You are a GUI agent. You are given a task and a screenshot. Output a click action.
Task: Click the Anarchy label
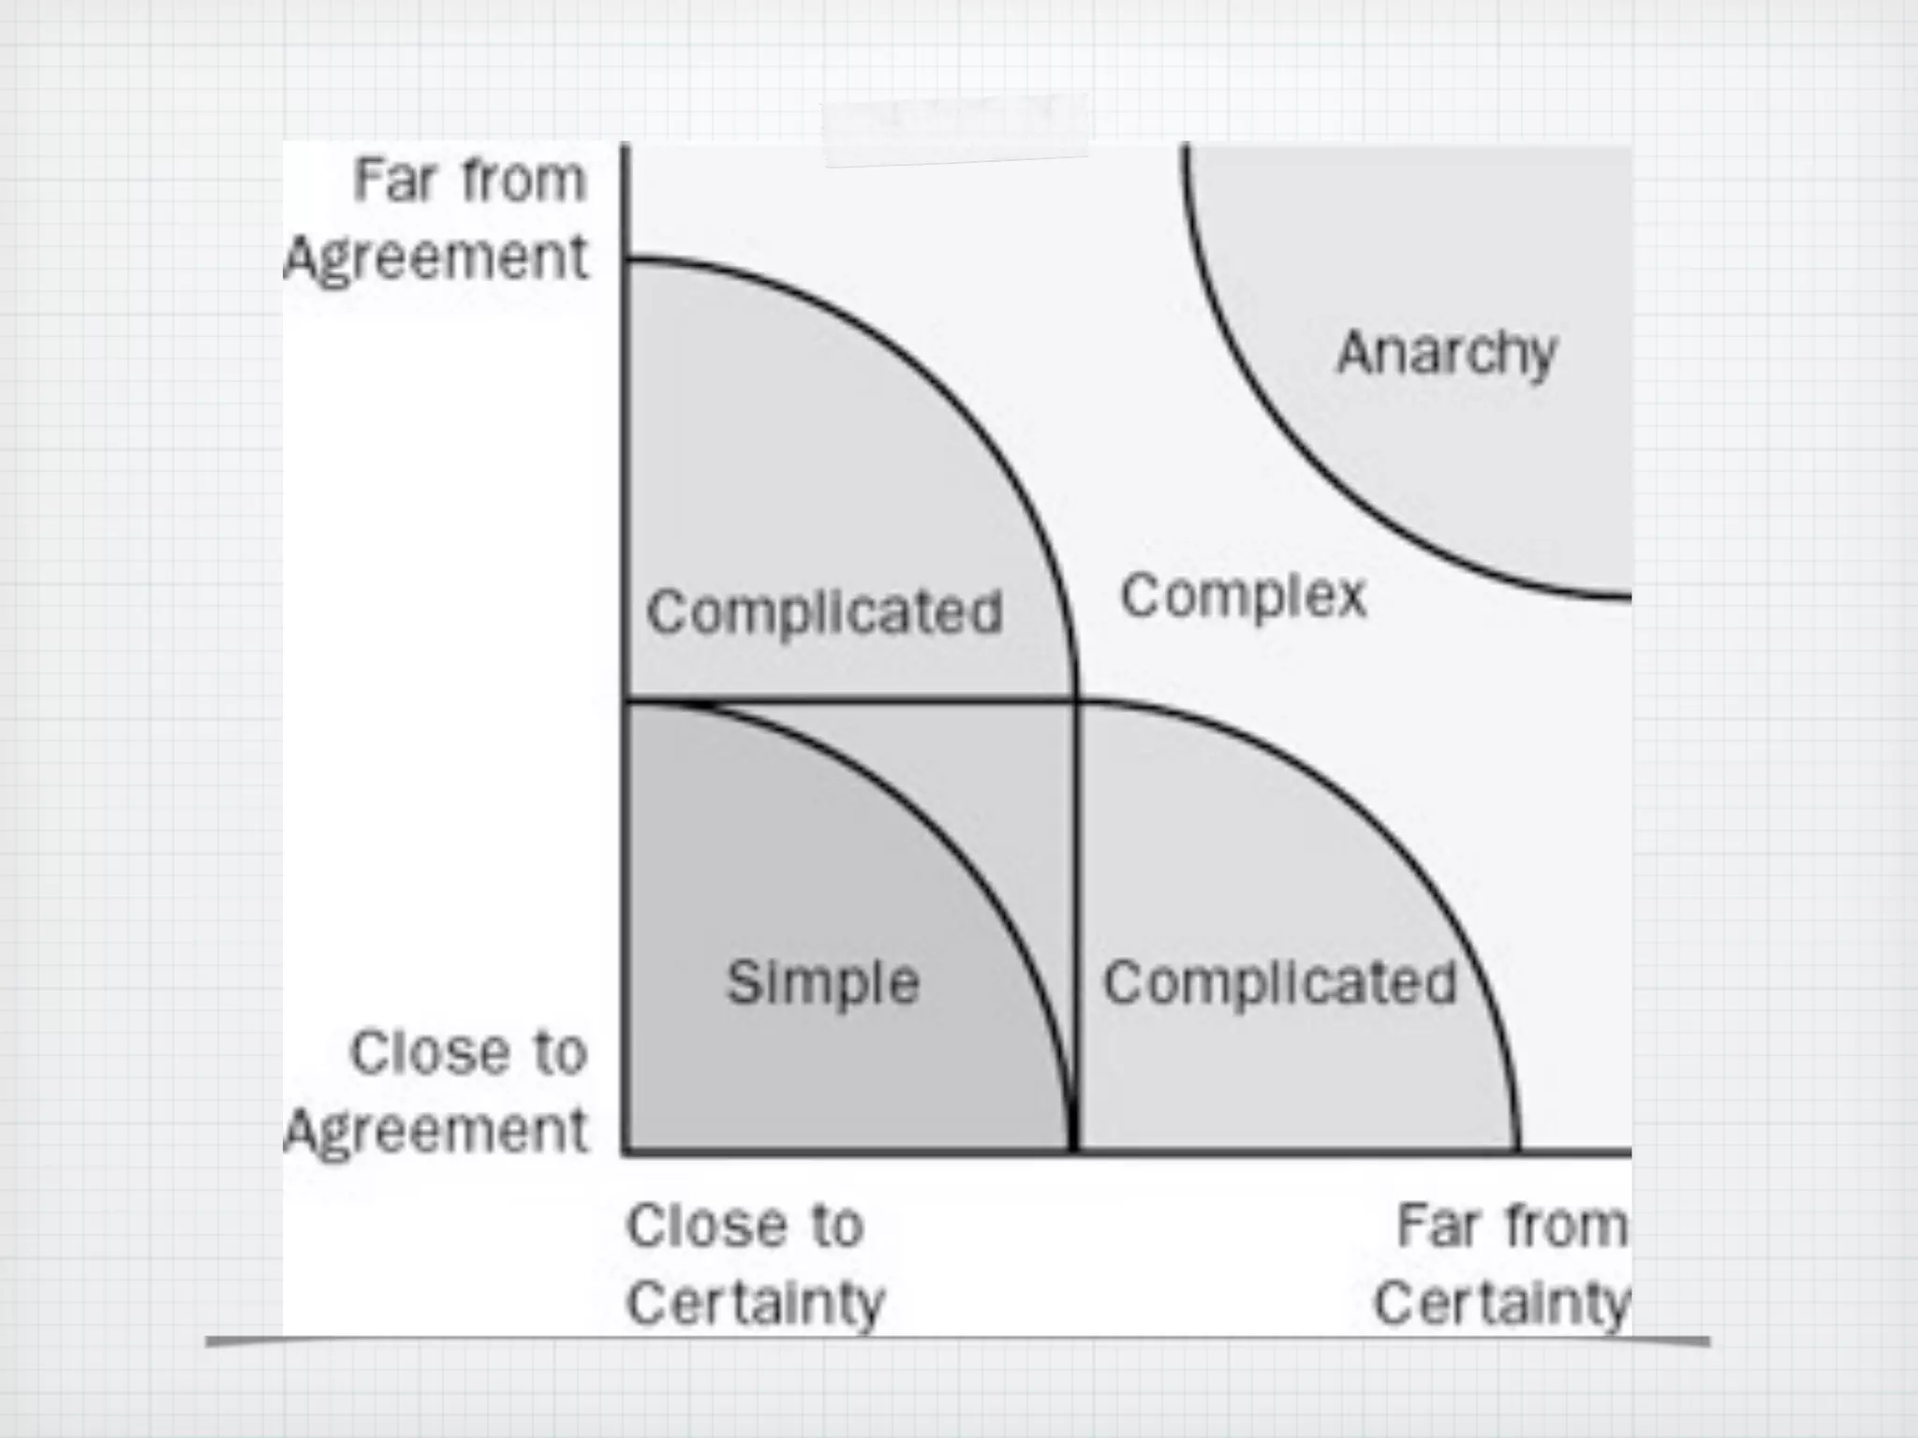1446,354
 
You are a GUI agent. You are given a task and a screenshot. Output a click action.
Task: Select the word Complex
1244,596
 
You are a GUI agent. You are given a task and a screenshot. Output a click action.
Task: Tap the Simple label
823,983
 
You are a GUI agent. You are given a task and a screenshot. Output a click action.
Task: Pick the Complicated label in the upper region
824,613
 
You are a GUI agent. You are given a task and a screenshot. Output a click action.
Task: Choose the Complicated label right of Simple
1279,983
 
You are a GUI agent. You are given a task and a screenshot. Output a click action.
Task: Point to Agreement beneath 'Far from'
436,257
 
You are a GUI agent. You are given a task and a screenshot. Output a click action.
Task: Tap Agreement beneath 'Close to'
436,1130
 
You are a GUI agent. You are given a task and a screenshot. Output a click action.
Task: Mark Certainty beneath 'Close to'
755,1303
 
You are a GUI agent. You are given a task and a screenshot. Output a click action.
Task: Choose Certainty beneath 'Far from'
1501,1303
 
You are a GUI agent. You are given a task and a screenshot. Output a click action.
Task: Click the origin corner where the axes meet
626,1150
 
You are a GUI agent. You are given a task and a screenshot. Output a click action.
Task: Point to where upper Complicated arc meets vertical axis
626,259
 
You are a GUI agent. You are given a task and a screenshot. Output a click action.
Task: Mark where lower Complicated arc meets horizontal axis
1517,1150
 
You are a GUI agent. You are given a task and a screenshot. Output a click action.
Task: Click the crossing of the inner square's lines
1074,700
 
